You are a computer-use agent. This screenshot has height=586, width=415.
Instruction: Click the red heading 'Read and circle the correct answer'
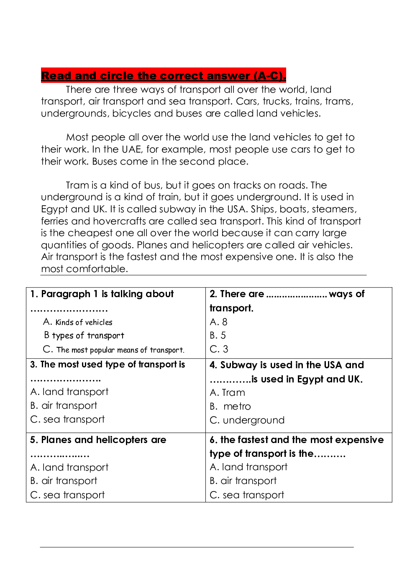coord(163,76)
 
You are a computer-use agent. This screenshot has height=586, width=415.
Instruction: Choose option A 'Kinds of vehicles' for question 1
coord(78,322)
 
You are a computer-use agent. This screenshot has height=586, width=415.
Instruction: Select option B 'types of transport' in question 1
coord(84,336)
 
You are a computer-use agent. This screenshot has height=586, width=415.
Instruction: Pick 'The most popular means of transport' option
coord(113,350)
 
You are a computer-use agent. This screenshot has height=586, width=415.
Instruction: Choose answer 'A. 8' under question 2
coord(218,322)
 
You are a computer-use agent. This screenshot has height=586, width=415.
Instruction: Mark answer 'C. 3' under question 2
coord(219,349)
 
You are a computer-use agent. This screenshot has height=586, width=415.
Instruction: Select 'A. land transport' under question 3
coord(69,392)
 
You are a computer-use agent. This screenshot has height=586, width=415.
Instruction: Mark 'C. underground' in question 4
coord(247,420)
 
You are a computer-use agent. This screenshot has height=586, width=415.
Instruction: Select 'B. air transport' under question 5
coord(64,481)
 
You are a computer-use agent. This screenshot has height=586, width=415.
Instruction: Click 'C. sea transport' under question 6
coord(247,495)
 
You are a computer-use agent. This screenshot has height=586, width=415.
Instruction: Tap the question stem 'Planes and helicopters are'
coord(98,440)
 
